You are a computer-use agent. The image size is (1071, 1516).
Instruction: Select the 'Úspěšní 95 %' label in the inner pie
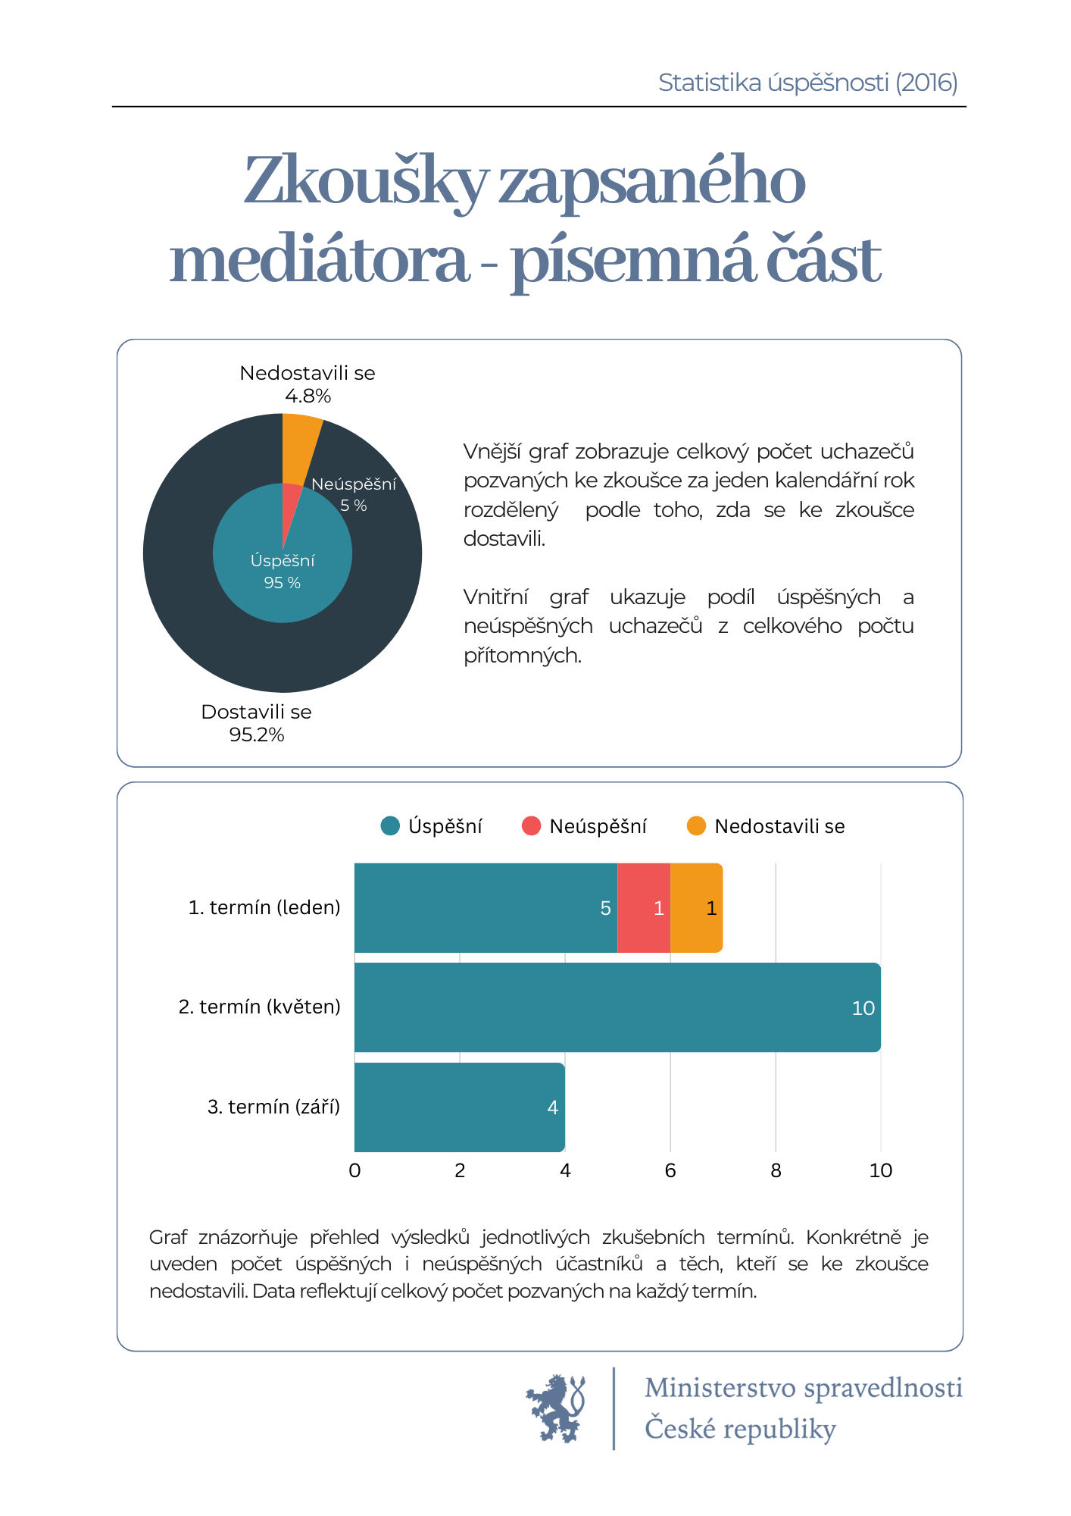283,572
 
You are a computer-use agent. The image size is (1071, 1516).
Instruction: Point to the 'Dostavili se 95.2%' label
257,723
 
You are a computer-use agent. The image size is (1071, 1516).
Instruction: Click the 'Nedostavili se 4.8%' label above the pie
308,384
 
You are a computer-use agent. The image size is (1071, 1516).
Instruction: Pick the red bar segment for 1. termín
644,907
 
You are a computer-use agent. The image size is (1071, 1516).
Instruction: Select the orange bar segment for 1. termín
696,907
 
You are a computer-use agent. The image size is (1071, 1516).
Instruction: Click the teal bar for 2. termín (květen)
617,1007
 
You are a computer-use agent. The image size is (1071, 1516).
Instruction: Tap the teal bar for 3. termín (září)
460,1107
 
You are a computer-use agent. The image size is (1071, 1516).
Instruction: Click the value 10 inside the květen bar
863,1008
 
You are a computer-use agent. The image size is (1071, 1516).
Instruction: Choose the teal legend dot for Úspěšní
390,826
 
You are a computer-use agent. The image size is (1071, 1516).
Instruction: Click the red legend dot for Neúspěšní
532,826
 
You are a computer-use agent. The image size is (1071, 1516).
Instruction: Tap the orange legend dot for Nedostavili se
696,826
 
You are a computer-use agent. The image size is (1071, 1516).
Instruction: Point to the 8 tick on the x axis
776,1171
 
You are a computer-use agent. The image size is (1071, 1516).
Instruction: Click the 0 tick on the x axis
354,1171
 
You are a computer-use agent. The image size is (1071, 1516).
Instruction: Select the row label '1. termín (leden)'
264,907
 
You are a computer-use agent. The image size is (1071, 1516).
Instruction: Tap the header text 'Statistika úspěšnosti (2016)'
808,83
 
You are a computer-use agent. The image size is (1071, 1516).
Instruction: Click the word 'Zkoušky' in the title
366,182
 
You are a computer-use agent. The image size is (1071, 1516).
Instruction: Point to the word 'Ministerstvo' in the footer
720,1388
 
